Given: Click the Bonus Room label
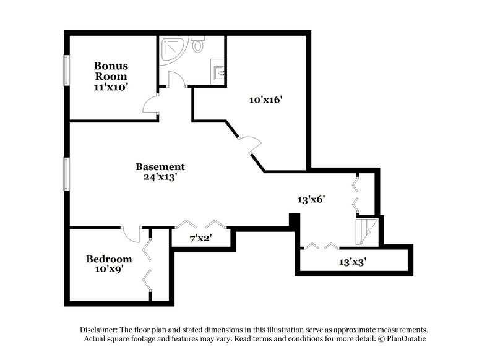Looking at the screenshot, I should pos(111,71).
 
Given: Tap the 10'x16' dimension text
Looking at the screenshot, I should pos(265,100).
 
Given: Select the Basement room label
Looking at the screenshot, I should pos(160,167).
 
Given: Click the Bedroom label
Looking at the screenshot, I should pos(109,259).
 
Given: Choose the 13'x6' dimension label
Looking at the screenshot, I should pos(311,200).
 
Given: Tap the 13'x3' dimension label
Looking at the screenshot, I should pos(353,262).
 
